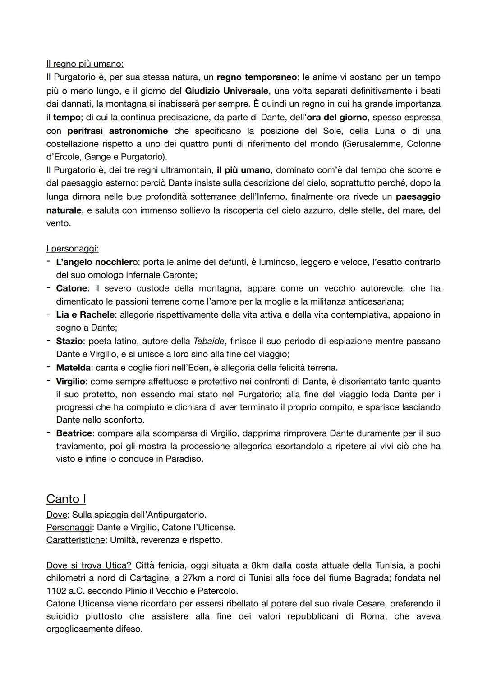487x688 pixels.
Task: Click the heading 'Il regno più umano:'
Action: point(85,64)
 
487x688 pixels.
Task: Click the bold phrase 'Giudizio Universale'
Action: point(226,91)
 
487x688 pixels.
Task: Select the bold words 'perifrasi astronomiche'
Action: point(117,131)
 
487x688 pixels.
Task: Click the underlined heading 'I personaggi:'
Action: point(72,249)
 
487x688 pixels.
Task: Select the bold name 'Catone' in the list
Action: point(72,288)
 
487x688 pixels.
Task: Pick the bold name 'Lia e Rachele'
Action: point(85,315)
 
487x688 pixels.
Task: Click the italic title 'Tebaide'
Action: point(208,341)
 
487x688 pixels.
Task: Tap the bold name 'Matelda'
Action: point(73,368)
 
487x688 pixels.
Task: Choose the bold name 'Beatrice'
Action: point(74,433)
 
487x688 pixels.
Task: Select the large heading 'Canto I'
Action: point(66,499)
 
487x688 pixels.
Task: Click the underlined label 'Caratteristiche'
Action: point(75,540)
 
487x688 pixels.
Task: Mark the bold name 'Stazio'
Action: point(69,341)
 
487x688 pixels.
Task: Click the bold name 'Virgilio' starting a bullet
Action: point(70,381)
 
